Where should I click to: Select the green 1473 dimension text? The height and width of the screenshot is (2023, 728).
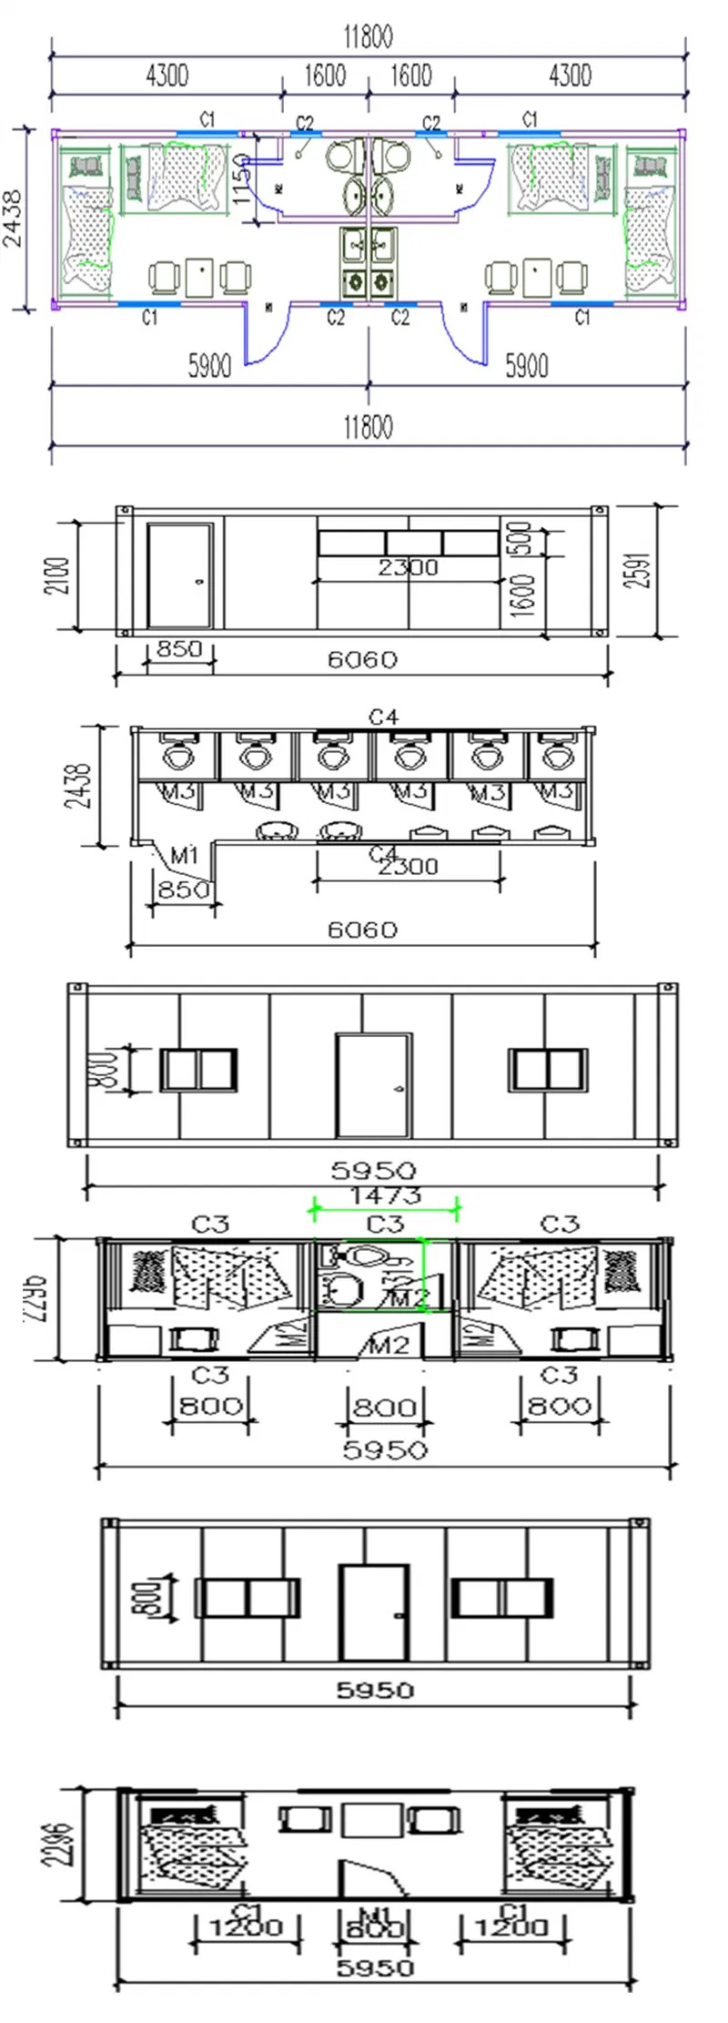coord(385,1194)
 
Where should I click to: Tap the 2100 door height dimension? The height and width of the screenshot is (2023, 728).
coord(57,575)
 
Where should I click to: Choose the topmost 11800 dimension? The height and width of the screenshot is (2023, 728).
coord(368,38)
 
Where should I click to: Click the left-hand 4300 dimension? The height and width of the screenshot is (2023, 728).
coord(167,76)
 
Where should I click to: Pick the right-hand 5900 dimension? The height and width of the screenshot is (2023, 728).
coord(526,367)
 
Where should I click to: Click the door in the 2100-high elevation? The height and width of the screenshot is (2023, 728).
coord(179,575)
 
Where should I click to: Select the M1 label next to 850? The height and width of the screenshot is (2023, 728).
coord(185,856)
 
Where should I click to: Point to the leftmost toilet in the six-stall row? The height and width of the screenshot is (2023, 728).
coord(177,755)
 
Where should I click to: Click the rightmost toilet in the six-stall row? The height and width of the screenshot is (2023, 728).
coord(553,755)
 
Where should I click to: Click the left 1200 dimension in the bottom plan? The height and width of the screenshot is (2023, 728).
coord(245,1927)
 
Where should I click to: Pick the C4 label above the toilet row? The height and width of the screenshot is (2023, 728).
coord(383,718)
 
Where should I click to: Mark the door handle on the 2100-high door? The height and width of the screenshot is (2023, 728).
coord(200,581)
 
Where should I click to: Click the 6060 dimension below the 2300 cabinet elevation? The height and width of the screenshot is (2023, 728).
coord(362,660)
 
